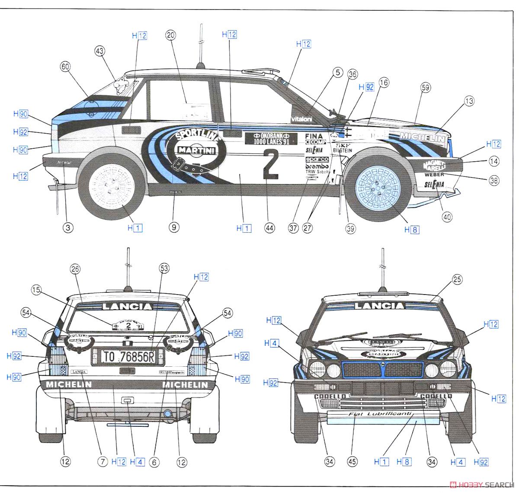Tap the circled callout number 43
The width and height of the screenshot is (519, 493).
tap(100, 51)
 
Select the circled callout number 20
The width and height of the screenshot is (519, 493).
tap(170, 36)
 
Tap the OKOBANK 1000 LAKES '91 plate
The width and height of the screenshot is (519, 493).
tap(270, 138)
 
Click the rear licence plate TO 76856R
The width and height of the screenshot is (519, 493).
tap(128, 356)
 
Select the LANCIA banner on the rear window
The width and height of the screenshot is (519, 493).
tap(127, 307)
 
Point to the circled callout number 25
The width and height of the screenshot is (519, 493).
tap(457, 279)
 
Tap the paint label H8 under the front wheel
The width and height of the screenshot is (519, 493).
tap(412, 230)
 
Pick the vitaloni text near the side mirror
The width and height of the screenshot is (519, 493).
tap(301, 119)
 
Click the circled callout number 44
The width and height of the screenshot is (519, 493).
tap(270, 228)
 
